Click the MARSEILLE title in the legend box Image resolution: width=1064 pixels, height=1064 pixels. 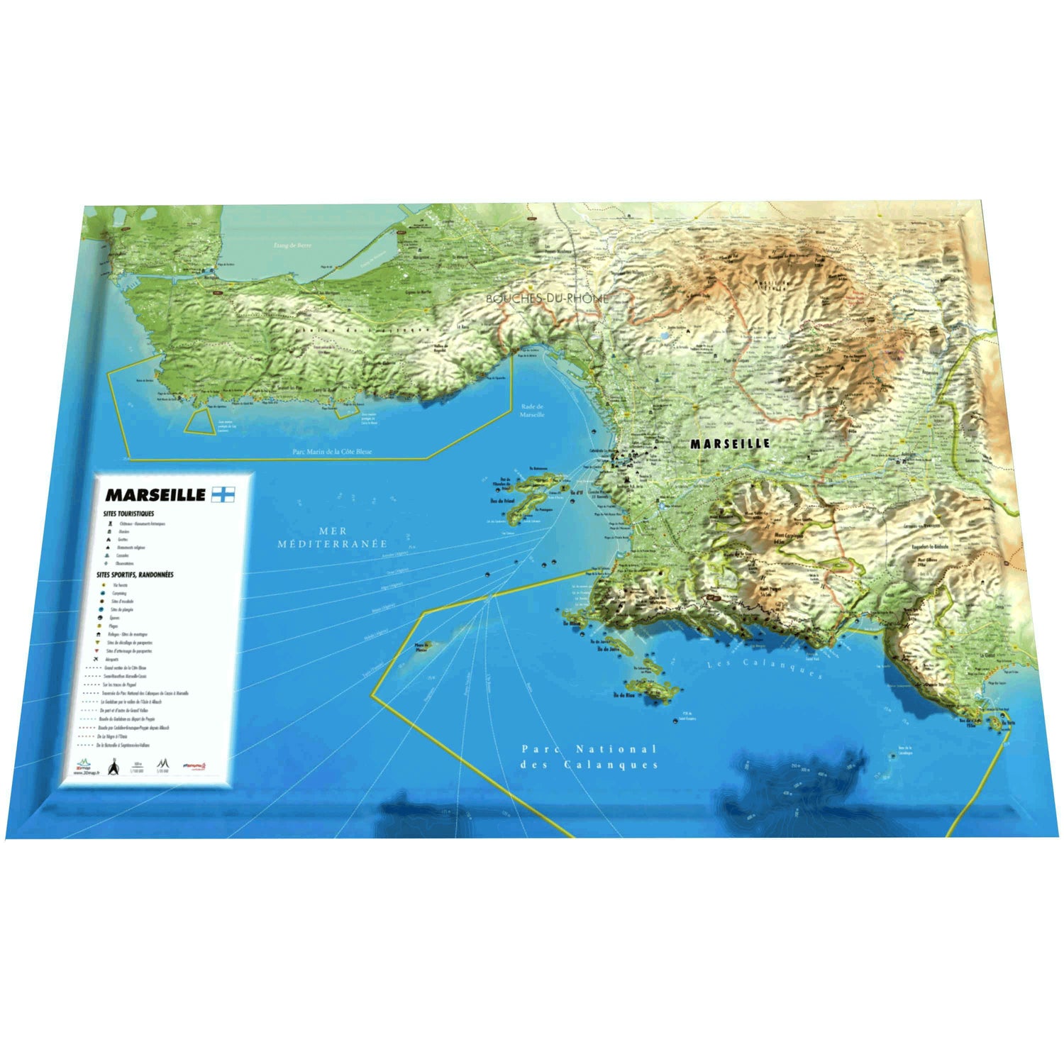click(155, 494)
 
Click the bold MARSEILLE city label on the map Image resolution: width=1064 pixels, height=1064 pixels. click(730, 443)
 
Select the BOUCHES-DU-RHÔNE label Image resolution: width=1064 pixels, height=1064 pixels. click(546, 299)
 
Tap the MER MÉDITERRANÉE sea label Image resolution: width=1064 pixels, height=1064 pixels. click(333, 537)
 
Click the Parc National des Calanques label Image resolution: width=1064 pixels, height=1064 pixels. click(589, 757)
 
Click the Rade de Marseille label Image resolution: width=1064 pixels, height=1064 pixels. click(532, 411)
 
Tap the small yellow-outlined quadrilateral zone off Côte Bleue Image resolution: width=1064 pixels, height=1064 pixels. click(199, 421)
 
